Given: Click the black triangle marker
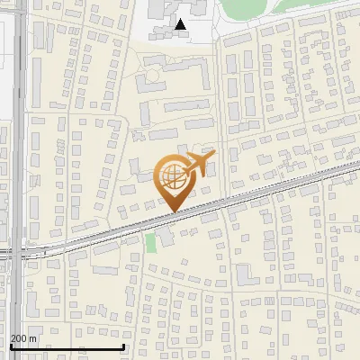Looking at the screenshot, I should [182, 24].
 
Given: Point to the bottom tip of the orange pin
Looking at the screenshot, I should [172, 212].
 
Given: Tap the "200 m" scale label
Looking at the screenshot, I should [24, 338].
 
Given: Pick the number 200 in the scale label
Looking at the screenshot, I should [20, 338].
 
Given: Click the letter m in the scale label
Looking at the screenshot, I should [33, 338].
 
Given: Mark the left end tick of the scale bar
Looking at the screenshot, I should [10, 346].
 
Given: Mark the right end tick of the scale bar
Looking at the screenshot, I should [122, 346].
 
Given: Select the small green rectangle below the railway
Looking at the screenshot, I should [150, 241].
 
